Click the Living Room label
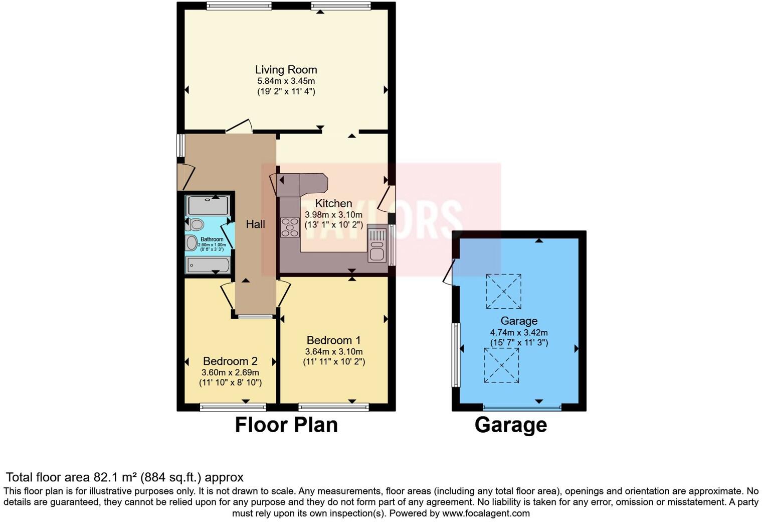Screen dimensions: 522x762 [286, 70]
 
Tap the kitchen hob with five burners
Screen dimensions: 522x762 [290, 227]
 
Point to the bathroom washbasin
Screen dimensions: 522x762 [192, 243]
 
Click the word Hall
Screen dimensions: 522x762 [255, 224]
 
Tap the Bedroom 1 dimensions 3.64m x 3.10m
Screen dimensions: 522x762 [334, 351]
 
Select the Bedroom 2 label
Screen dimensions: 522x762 [230, 361]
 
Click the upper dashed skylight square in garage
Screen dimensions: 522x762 [503, 291]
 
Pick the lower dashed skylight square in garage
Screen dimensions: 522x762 [501, 365]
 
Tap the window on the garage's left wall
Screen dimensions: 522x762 [456, 354]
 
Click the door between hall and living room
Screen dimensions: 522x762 [239, 126]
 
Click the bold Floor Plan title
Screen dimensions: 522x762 [286, 425]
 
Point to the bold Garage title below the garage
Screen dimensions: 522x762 [510, 425]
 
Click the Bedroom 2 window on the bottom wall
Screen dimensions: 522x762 [233, 407]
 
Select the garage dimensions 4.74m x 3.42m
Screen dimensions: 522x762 [518, 332]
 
